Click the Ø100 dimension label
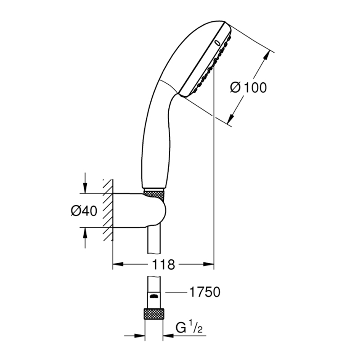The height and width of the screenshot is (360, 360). click(x=248, y=87)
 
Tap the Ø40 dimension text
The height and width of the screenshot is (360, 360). click(x=84, y=211)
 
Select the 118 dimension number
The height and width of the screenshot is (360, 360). click(x=163, y=265)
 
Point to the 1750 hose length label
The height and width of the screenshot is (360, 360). click(x=205, y=292)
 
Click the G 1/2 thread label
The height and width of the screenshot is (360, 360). click(x=189, y=328)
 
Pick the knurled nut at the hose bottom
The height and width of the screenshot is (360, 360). click(x=154, y=314)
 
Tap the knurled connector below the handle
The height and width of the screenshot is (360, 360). click(x=154, y=194)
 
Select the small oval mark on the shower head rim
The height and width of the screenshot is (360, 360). click(x=217, y=42)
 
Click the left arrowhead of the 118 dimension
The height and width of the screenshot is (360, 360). click(x=118, y=264)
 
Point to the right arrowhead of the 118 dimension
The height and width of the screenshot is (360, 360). click(x=208, y=264)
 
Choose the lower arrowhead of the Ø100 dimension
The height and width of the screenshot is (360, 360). click(x=231, y=119)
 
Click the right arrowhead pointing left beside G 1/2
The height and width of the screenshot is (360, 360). click(x=168, y=336)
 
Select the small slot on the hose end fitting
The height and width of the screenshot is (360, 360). click(x=154, y=296)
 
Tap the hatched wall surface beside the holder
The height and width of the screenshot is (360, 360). click(x=108, y=210)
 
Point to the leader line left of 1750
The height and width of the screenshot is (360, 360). click(x=175, y=292)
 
